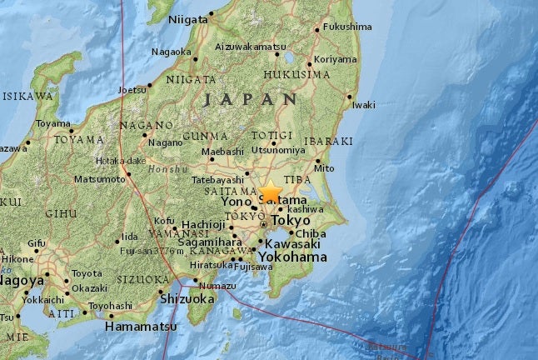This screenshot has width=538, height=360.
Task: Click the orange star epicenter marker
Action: (270, 192)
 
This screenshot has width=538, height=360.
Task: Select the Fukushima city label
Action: (346, 27)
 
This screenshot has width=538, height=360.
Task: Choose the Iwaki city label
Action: (363, 105)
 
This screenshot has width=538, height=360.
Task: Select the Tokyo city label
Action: (290, 221)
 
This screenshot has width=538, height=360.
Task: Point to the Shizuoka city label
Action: (187, 298)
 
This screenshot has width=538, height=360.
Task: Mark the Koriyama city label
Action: (336, 60)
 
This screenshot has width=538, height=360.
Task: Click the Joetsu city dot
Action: (149, 85)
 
